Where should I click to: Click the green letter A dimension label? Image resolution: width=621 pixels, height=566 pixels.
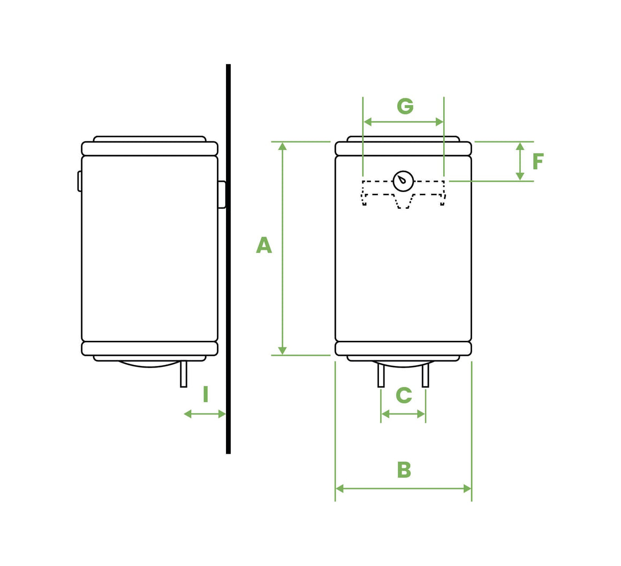click(264, 245)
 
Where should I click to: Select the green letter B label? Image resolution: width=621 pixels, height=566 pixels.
click(404, 470)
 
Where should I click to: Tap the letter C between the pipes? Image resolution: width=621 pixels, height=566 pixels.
click(404, 396)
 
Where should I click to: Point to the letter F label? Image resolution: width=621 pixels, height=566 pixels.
click(538, 162)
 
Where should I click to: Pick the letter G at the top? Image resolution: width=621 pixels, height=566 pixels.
click(405, 106)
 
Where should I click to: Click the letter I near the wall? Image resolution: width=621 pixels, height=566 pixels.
click(206, 395)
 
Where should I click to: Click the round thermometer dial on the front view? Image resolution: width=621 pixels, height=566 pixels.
click(403, 181)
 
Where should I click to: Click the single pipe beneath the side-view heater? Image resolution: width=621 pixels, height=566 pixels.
click(184, 374)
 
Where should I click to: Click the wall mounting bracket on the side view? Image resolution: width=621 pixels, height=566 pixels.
click(222, 194)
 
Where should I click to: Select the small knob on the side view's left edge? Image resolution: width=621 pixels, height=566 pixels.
click(79, 181)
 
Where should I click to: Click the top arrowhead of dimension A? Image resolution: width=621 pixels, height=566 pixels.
click(283, 146)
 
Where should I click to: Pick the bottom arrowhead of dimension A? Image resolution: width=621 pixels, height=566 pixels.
click(283, 351)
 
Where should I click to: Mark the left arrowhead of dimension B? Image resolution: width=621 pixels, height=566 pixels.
click(339, 488)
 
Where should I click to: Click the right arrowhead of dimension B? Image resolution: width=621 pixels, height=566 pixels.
click(467, 488)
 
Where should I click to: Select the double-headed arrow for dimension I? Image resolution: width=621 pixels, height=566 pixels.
click(205, 414)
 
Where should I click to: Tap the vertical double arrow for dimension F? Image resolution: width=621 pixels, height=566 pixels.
click(520, 162)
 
